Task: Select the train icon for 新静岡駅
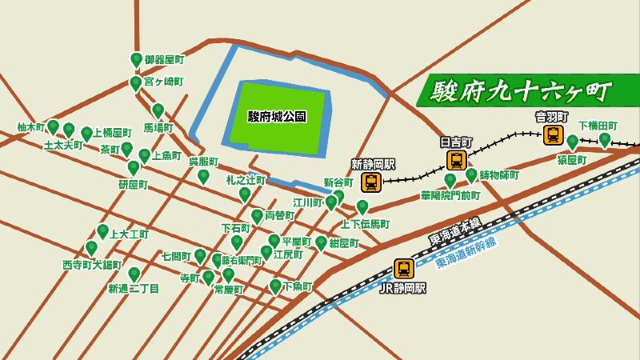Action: (x=372, y=182)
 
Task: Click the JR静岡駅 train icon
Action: (x=404, y=269)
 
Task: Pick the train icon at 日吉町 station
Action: (x=456, y=159)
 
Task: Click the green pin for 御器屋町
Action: (x=136, y=59)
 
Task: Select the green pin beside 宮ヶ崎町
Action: (x=135, y=82)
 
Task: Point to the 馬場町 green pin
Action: (x=158, y=110)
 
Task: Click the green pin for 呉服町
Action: (x=203, y=176)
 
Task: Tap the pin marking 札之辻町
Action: (x=245, y=194)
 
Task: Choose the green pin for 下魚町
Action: (x=275, y=286)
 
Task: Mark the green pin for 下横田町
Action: (x=605, y=139)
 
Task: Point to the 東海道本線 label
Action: (x=455, y=231)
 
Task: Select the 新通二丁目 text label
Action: (x=134, y=288)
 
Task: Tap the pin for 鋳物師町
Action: (x=471, y=174)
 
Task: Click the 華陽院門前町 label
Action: (x=450, y=195)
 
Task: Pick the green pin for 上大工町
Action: (x=103, y=232)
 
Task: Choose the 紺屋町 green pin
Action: (x=321, y=242)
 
